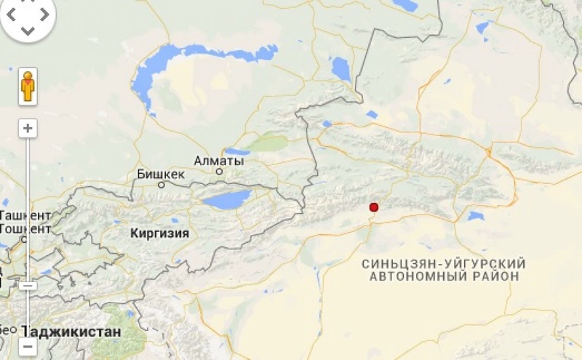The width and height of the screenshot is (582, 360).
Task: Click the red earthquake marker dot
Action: click(374, 207)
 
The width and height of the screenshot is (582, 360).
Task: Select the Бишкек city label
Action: click(161, 175)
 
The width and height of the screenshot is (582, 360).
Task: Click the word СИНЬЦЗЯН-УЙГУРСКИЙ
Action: click(444, 263)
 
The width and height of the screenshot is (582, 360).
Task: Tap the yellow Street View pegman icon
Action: click(28, 87)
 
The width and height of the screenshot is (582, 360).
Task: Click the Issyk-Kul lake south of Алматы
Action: click(226, 199)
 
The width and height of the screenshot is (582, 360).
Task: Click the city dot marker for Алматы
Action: click(219, 172)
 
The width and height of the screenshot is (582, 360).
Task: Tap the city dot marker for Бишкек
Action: click(162, 185)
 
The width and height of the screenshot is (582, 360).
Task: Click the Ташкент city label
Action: click(26, 216)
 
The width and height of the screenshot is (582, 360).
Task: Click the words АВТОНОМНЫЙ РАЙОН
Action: click(444, 277)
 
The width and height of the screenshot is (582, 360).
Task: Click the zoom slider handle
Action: click(28, 286)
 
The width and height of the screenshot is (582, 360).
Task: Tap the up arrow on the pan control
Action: click(28, 5)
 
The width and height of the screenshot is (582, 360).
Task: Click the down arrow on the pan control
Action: click(28, 31)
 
